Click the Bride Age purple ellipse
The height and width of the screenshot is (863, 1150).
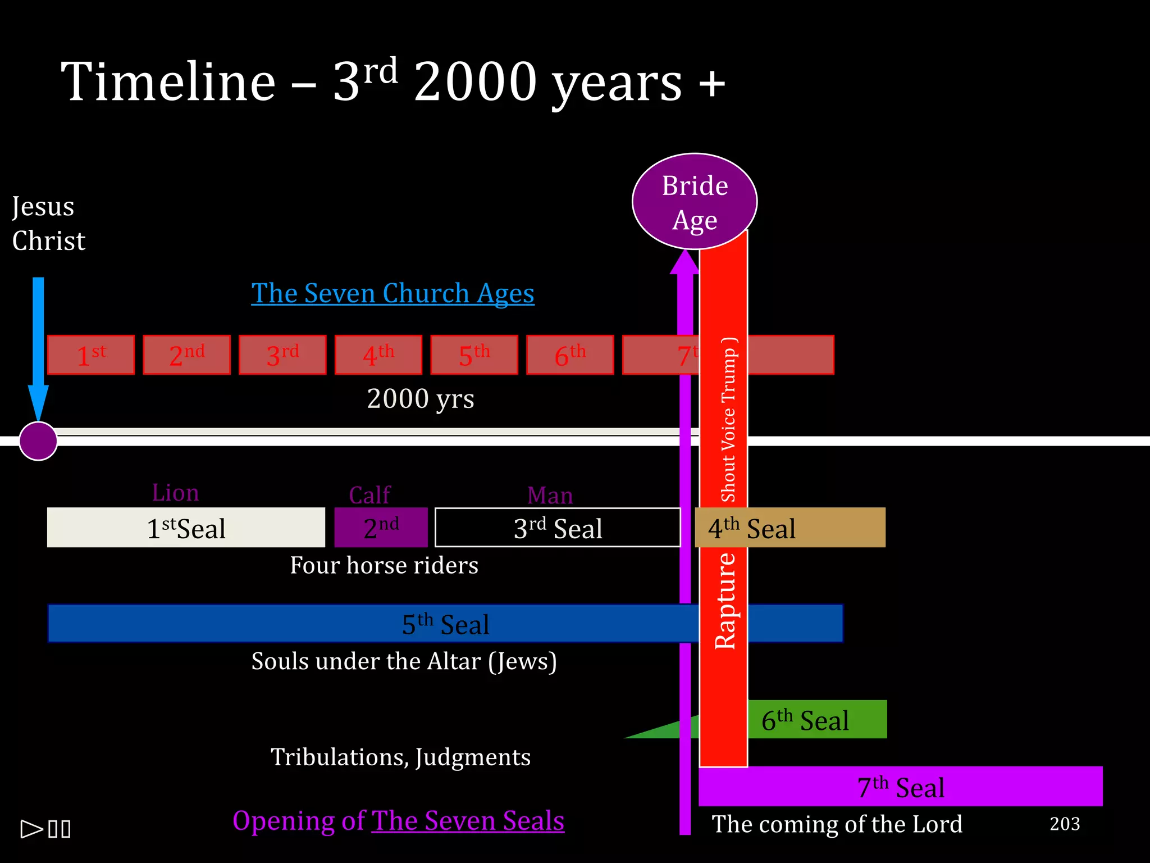point(695,201)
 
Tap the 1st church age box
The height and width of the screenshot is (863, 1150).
point(91,355)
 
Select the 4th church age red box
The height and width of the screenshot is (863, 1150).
point(378,355)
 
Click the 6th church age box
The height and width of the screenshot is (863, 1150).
point(569,355)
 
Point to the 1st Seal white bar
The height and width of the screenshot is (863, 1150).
point(186,528)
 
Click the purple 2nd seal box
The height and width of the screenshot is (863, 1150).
point(381,528)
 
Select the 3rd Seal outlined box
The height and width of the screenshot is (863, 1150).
point(557,528)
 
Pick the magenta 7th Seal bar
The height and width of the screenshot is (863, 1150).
point(900,787)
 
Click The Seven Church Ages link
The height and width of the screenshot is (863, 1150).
point(393,293)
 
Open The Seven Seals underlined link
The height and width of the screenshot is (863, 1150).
point(467,821)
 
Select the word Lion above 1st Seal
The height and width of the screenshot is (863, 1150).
point(175,493)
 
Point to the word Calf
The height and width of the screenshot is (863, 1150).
point(369,495)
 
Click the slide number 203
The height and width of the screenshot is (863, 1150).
point(1065,824)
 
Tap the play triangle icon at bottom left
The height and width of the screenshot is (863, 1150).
point(31,829)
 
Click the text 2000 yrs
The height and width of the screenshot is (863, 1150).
point(421,399)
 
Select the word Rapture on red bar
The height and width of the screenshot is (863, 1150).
point(724,601)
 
